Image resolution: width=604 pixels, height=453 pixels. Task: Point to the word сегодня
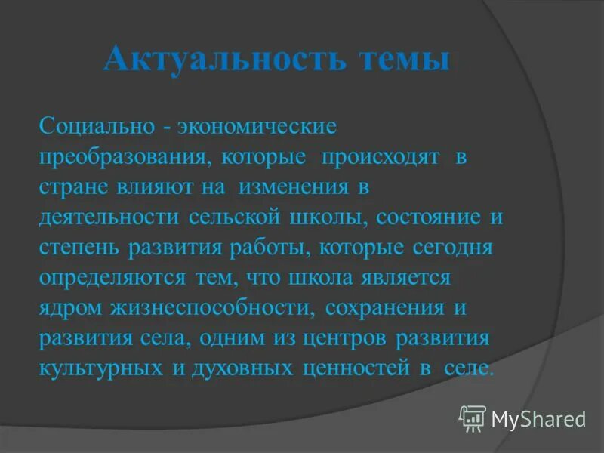click(452, 247)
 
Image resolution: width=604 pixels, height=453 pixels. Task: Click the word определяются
click(112, 278)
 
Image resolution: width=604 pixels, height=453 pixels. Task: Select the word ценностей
click(355, 368)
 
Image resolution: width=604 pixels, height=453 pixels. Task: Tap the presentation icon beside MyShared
click(473, 418)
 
